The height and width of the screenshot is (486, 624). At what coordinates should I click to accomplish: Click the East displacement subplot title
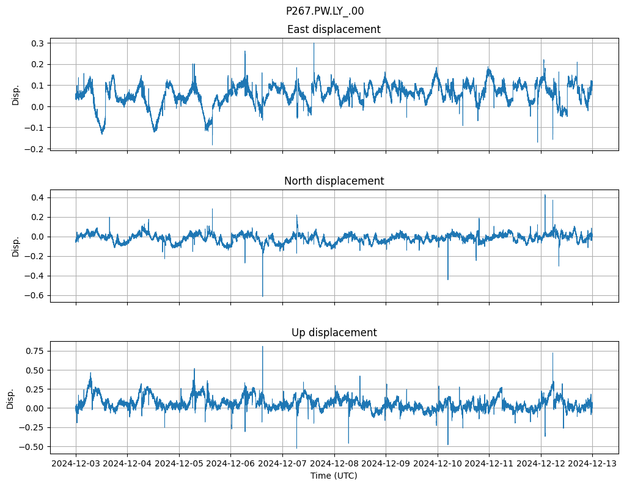click(334, 29)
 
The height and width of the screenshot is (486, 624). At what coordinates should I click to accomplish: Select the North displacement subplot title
click(334, 181)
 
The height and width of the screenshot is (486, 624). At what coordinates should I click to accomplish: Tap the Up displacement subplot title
click(334, 333)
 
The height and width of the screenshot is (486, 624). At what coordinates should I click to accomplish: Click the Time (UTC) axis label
click(334, 476)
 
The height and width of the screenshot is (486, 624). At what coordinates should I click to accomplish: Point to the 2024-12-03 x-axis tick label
click(76, 464)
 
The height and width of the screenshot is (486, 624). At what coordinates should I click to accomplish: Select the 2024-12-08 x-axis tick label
click(334, 464)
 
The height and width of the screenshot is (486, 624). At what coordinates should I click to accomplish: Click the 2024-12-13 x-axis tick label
click(592, 464)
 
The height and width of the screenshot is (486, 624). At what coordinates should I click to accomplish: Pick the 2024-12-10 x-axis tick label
click(438, 464)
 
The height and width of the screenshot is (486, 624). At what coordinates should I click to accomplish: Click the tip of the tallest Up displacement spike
click(263, 347)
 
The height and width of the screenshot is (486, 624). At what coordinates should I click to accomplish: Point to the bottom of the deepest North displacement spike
click(263, 296)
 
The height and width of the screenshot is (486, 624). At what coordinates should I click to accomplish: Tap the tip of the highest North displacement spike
click(545, 195)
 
